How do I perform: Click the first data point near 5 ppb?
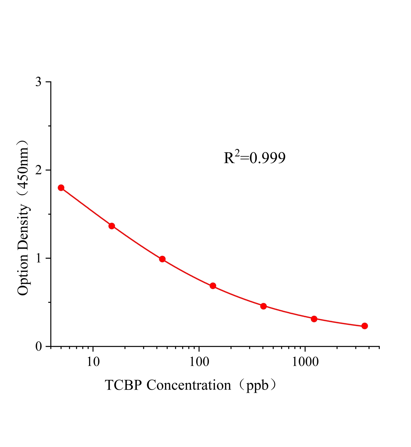pos(61,188)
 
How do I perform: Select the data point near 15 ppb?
pos(112,226)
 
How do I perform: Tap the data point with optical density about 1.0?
pos(162,259)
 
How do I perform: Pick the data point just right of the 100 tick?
pos(213,286)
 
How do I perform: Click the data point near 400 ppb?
pos(263,306)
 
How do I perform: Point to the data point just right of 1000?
pos(314,319)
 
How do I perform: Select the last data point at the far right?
pos(365,326)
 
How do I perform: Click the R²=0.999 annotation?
pos(255,158)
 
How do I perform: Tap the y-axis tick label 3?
pos(39,82)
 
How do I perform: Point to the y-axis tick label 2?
pos(39,170)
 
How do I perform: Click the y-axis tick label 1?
pos(39,258)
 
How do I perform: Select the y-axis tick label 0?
pos(39,347)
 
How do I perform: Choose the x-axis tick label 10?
pos(93,362)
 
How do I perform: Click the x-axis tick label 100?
pos(199,362)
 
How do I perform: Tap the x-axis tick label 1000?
pos(305,362)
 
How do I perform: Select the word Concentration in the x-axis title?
pos(189,385)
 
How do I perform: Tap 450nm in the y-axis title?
pos(23,168)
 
